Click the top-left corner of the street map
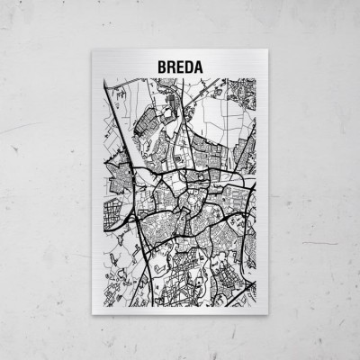coord(104,79)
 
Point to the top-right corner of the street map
coord(256,79)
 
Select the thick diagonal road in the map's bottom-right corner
coord(241,279)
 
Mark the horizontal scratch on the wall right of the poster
coord(319,242)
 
